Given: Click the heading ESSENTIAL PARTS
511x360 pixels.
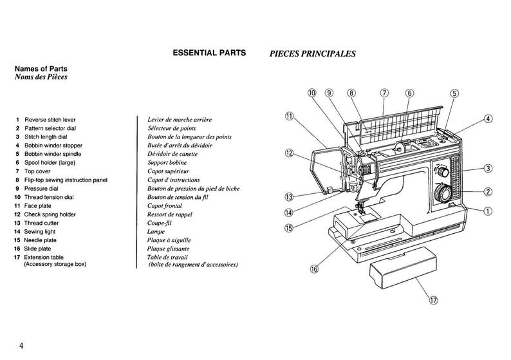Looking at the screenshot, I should [x=209, y=53].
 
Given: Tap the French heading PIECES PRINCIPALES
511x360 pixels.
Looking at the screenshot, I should [x=312, y=54].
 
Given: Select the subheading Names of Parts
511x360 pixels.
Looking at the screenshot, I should [x=41, y=69].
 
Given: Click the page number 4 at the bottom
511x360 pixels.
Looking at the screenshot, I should [x=21, y=346].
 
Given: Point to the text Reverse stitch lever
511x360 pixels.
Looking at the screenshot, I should [x=54, y=120].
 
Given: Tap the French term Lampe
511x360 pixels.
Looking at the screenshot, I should [x=156, y=231].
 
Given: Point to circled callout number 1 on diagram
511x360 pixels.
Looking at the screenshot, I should [x=488, y=211].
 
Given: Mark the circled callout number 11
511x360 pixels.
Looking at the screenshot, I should [x=289, y=117].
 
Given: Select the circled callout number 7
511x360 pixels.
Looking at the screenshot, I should [x=385, y=93].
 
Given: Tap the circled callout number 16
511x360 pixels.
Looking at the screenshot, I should [x=314, y=269].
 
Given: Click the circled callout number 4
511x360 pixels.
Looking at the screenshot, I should [x=488, y=118].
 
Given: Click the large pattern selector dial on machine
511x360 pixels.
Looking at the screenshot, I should [x=442, y=193].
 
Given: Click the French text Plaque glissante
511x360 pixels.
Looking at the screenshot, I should [x=168, y=249].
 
